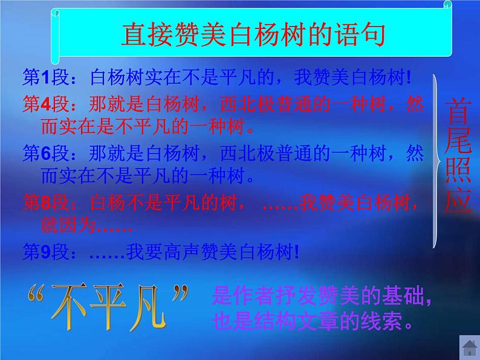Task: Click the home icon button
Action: pyautogui.click(x=468, y=349)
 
